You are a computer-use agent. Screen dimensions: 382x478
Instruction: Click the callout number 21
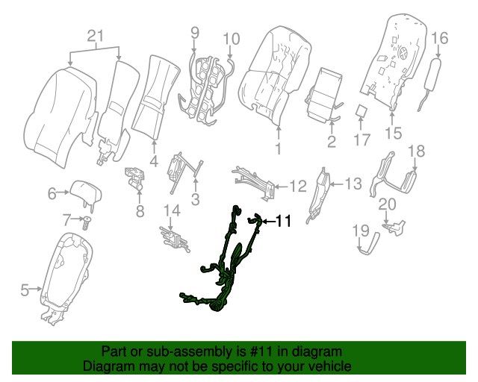(94, 36)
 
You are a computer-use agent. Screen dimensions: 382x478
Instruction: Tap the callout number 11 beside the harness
(283, 221)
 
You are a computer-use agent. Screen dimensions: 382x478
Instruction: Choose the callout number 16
(439, 37)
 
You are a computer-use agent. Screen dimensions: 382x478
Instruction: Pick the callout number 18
(416, 151)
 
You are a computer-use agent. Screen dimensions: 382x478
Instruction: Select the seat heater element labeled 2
(325, 93)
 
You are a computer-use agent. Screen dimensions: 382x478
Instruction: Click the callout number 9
(195, 32)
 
